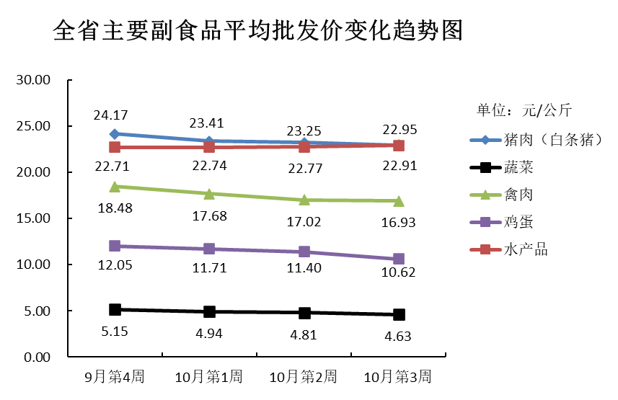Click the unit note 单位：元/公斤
click(524, 110)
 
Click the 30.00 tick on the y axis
click(33, 80)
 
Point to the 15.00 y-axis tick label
click(33, 219)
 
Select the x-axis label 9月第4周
click(115, 377)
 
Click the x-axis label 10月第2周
click(304, 377)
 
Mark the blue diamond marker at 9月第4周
click(115, 134)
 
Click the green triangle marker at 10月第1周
click(209, 194)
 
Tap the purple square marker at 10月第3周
click(399, 259)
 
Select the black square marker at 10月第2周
click(304, 313)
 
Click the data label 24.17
click(110, 115)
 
